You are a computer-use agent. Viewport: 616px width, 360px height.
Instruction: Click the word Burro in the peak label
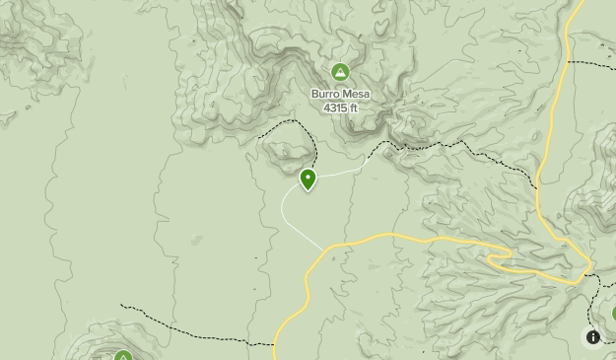coord(326,95)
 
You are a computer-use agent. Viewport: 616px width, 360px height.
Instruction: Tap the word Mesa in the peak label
coord(357,95)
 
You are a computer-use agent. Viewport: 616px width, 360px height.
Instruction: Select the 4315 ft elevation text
coord(341,107)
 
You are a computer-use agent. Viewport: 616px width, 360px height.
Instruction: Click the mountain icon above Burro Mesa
coord(340,72)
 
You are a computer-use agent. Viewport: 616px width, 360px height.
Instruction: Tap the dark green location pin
coord(308,180)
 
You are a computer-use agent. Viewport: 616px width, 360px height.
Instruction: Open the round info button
coord(593,337)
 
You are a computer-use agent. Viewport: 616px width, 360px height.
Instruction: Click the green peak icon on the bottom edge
coord(123,355)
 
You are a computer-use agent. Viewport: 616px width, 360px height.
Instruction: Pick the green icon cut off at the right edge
coord(612,314)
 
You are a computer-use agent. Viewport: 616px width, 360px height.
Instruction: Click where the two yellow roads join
coord(588,268)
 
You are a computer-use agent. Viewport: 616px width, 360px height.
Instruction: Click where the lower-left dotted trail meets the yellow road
coord(275,344)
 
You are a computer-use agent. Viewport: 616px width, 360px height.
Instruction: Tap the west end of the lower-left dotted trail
coord(121,306)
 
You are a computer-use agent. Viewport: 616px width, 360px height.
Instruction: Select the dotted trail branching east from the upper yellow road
coord(591,63)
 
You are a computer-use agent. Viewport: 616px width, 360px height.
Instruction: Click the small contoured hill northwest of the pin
coord(286,150)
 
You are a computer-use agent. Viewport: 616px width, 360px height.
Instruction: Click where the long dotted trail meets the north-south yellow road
coord(538,186)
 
